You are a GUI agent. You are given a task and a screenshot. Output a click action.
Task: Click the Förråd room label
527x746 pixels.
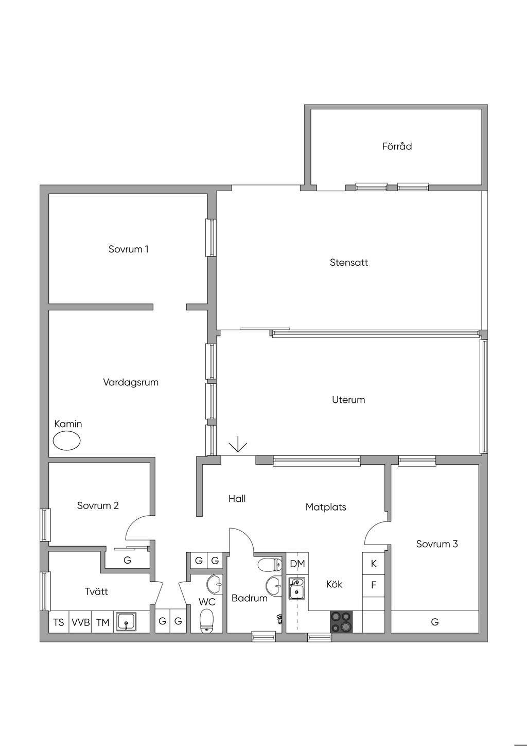397,146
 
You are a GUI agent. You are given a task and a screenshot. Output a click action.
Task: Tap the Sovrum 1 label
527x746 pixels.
128,249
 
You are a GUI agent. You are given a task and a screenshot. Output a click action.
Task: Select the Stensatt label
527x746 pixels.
349,262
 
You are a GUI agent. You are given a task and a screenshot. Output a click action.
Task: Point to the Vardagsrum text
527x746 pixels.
131,382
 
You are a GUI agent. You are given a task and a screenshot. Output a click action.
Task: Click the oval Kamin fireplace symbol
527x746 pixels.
67,441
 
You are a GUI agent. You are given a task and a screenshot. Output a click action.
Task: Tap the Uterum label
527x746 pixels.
348,399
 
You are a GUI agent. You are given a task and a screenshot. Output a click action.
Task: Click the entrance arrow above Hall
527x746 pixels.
238,444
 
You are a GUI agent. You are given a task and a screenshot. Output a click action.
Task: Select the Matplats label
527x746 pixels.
326,507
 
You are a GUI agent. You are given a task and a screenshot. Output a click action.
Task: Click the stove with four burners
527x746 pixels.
342,621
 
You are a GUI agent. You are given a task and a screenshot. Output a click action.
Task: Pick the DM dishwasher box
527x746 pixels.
297,564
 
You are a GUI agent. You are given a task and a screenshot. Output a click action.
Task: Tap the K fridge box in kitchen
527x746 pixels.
374,564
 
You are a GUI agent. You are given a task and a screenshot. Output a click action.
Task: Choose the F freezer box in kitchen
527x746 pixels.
374,586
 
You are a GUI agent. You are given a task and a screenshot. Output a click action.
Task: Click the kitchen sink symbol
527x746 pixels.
296,588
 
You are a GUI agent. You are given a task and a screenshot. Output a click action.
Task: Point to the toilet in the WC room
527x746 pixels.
206,620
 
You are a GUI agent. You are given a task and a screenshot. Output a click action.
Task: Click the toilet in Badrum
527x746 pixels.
270,565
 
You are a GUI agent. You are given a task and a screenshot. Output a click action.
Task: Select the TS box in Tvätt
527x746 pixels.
59,622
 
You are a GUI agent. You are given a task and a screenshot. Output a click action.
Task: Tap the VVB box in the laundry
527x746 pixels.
80,622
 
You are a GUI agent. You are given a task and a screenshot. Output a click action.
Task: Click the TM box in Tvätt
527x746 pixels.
102,622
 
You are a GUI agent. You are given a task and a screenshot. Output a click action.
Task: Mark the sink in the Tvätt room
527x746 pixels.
127,622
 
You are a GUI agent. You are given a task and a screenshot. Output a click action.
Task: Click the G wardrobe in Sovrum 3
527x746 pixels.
435,622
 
